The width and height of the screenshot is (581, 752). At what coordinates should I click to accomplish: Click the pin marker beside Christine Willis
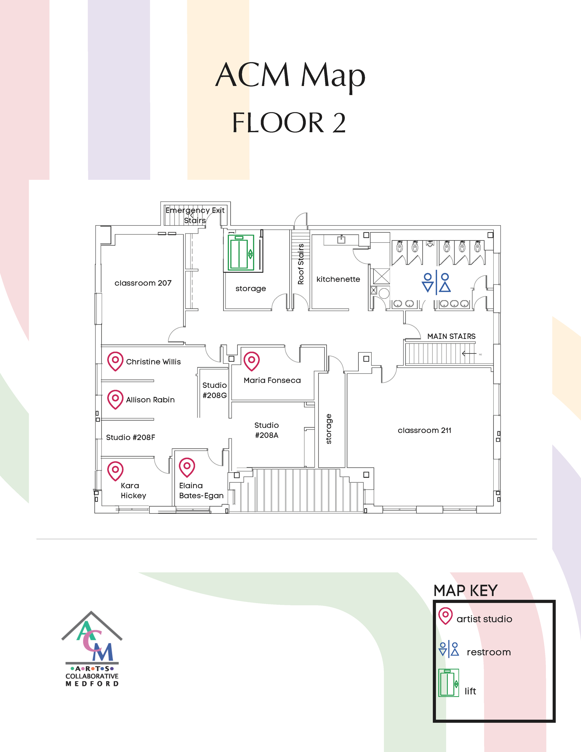click(x=115, y=361)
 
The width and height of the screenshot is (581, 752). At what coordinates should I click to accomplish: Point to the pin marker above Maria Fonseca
click(x=252, y=361)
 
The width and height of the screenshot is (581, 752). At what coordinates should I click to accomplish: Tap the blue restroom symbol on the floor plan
click(x=436, y=283)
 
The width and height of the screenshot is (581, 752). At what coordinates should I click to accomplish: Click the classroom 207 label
click(x=143, y=283)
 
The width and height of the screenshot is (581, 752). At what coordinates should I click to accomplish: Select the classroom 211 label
click(x=424, y=431)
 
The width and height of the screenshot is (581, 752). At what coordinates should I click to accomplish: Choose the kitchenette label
click(x=338, y=279)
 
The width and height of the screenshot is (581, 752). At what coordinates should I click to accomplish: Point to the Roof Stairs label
click(x=301, y=264)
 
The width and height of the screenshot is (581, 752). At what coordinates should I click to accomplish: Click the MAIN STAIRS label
click(x=451, y=336)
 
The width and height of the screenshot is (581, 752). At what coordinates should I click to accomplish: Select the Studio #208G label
click(x=215, y=390)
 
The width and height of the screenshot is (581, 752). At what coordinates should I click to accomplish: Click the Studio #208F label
click(x=130, y=437)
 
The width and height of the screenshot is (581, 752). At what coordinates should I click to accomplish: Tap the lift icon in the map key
click(x=449, y=683)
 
